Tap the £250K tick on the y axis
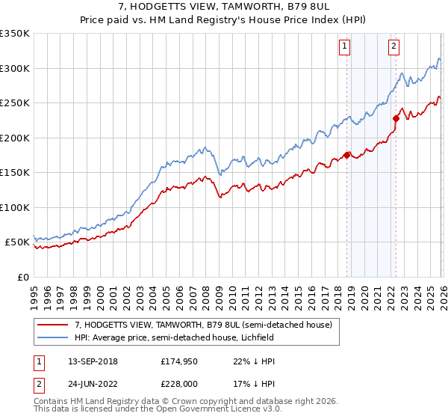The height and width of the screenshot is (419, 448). click(x=15, y=103)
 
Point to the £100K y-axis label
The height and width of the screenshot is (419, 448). click(x=15, y=208)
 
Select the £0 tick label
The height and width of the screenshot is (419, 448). click(x=22, y=278)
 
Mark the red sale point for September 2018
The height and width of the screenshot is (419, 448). click(x=347, y=155)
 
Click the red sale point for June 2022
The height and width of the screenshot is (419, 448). click(x=396, y=117)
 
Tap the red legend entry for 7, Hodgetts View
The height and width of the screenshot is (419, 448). click(x=208, y=324)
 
